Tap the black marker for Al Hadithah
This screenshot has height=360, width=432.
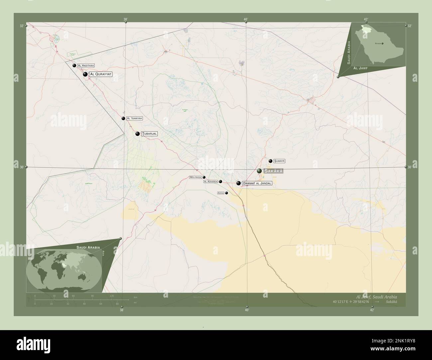point(74,66)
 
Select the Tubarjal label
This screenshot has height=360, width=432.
point(150,134)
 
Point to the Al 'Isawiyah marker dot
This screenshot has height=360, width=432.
point(123,119)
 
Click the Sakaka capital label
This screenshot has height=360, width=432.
point(273,171)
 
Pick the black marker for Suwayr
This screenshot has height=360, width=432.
point(271,161)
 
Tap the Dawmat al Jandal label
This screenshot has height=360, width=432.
point(257,183)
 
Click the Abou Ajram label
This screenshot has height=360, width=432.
point(195,177)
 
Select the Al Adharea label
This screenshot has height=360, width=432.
point(210,182)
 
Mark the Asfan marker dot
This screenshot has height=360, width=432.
point(227,193)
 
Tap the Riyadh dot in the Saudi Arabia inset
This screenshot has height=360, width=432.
point(382,44)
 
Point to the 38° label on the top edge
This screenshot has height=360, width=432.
point(126,19)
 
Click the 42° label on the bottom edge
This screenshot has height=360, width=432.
point(372,310)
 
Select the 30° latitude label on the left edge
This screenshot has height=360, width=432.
point(22,167)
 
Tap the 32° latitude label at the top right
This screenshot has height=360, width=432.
point(409,26)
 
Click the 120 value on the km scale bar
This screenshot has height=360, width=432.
point(112,296)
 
